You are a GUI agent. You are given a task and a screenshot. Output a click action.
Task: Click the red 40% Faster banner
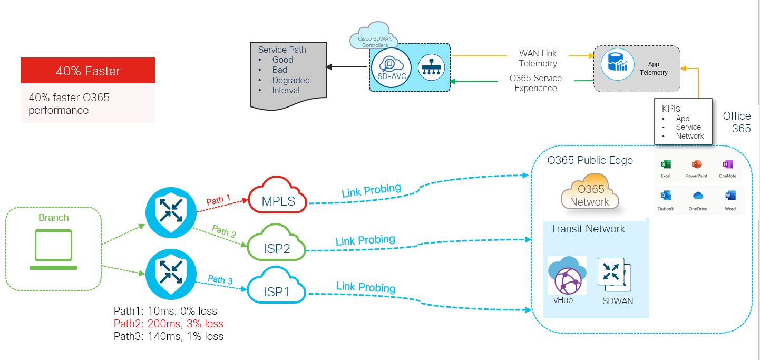pyautogui.click(x=87, y=71)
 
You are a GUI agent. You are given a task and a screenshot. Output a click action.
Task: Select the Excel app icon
pyautogui.click(x=666, y=164)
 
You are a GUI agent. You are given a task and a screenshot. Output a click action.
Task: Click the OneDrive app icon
pyautogui.click(x=698, y=196)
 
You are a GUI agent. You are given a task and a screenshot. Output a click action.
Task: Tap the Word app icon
pyautogui.click(x=730, y=196)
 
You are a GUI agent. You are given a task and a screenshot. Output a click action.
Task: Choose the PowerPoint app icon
pyautogui.click(x=697, y=164)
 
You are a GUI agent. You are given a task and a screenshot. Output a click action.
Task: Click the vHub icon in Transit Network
pyautogui.click(x=567, y=276)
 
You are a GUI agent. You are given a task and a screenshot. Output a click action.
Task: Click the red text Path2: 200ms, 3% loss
pyautogui.click(x=169, y=324)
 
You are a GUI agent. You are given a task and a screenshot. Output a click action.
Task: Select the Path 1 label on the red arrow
pyautogui.click(x=218, y=201)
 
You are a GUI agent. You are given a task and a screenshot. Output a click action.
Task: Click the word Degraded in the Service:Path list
pyautogui.click(x=291, y=80)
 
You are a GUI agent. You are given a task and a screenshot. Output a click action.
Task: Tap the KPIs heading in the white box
pyautogui.click(x=671, y=108)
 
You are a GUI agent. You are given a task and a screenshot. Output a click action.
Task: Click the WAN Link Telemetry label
pyautogui.click(x=538, y=59)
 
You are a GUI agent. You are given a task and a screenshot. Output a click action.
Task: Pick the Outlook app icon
pyautogui.click(x=665, y=196)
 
